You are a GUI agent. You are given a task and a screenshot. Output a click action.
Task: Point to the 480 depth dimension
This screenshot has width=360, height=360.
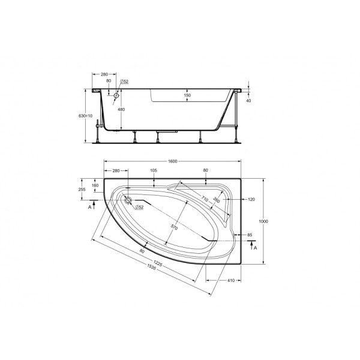pyautogui.click(x=121, y=110)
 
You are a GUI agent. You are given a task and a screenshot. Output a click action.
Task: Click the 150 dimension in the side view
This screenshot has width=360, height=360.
pyautogui.click(x=187, y=95)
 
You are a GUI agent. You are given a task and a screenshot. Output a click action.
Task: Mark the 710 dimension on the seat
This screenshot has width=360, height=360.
pyautogui.click(x=204, y=199)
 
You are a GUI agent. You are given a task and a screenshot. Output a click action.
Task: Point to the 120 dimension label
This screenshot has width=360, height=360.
pyautogui.click(x=251, y=199)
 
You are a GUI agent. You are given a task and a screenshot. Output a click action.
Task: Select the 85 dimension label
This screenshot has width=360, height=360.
pyautogui.click(x=249, y=236)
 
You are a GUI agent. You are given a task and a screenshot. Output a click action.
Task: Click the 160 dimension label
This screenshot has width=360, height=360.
pyautogui.click(x=95, y=185)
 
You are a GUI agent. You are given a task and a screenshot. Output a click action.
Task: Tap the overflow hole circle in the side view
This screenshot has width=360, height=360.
pyautogui.click(x=117, y=95)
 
